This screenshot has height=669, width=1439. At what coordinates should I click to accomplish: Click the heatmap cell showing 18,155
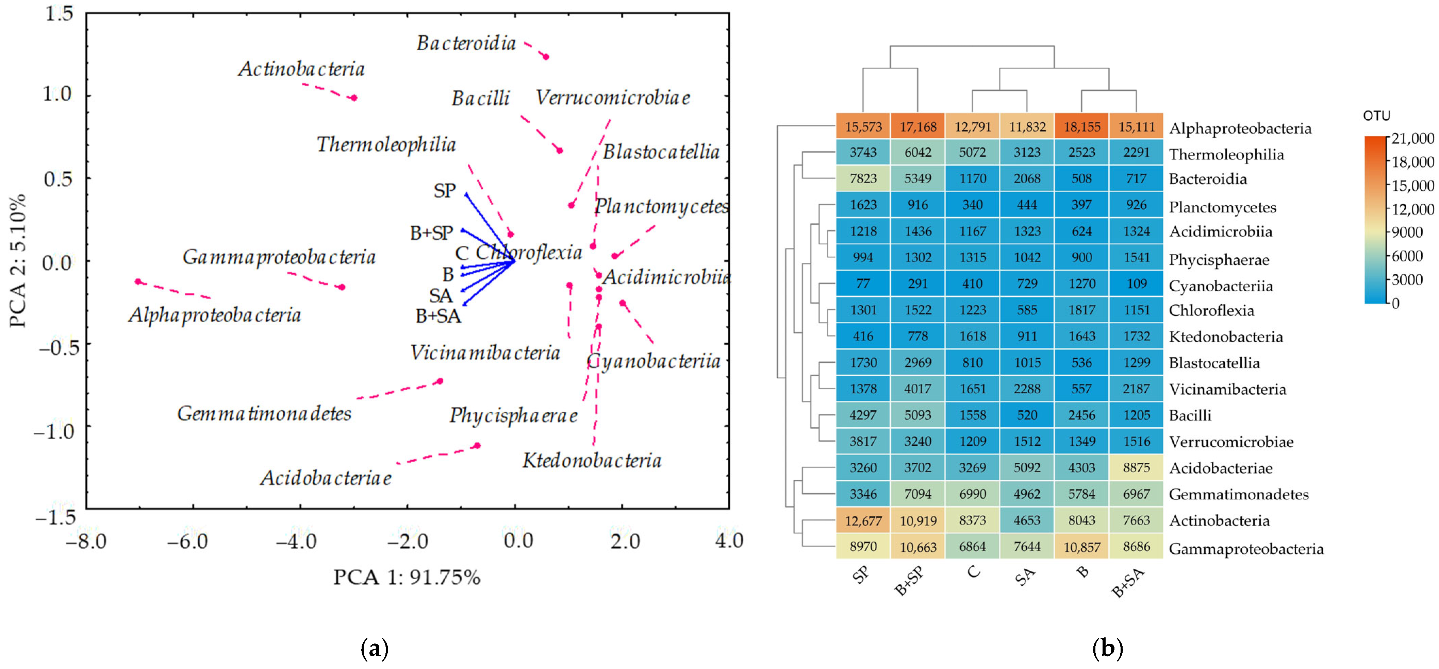pos(1081,127)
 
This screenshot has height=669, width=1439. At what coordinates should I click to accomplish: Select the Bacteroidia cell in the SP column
pos(863,179)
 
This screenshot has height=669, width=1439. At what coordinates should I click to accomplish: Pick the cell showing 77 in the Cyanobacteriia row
pos(863,284)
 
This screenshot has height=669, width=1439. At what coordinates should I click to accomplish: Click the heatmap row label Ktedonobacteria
pos(1226,337)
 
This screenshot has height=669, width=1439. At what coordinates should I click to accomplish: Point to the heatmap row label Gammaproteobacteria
pos(1246,549)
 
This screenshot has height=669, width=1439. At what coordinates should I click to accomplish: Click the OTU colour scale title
pos(1376,116)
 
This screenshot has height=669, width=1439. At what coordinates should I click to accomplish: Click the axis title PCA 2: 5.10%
pos(18,260)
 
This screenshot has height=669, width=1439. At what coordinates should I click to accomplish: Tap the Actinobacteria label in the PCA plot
pos(301,69)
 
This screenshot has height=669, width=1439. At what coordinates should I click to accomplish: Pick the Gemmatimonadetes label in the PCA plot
pos(264,414)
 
